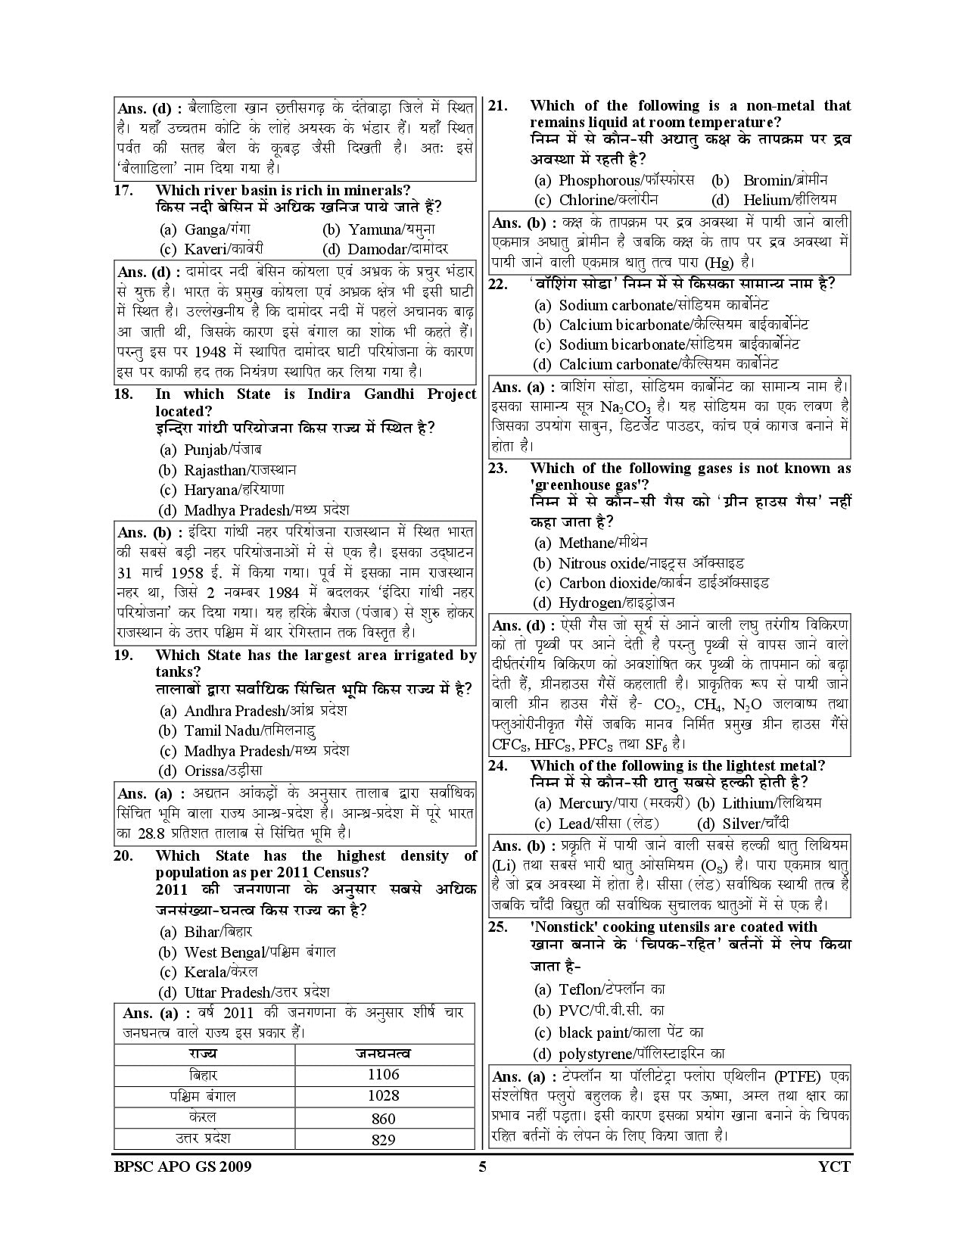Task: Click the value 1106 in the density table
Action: pos(383,1074)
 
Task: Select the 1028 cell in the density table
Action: pos(383,1095)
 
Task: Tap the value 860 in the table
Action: pos(383,1118)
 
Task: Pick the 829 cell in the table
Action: pos(383,1139)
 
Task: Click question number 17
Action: pos(124,191)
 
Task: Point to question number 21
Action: pos(497,106)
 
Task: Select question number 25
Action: pos(497,927)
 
